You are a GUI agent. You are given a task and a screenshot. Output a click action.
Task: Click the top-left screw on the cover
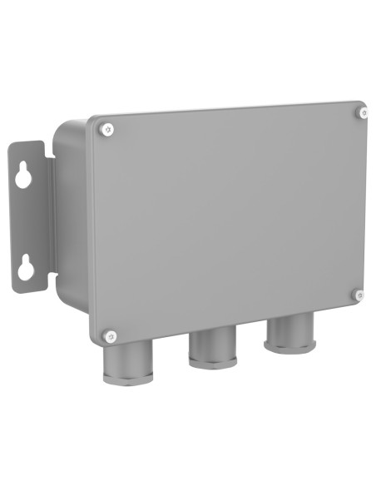[106, 128]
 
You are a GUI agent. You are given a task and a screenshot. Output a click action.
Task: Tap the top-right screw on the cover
[364, 112]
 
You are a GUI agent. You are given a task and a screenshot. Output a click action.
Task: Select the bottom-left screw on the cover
[111, 336]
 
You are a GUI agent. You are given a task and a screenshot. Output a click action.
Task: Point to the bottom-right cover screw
[359, 294]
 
